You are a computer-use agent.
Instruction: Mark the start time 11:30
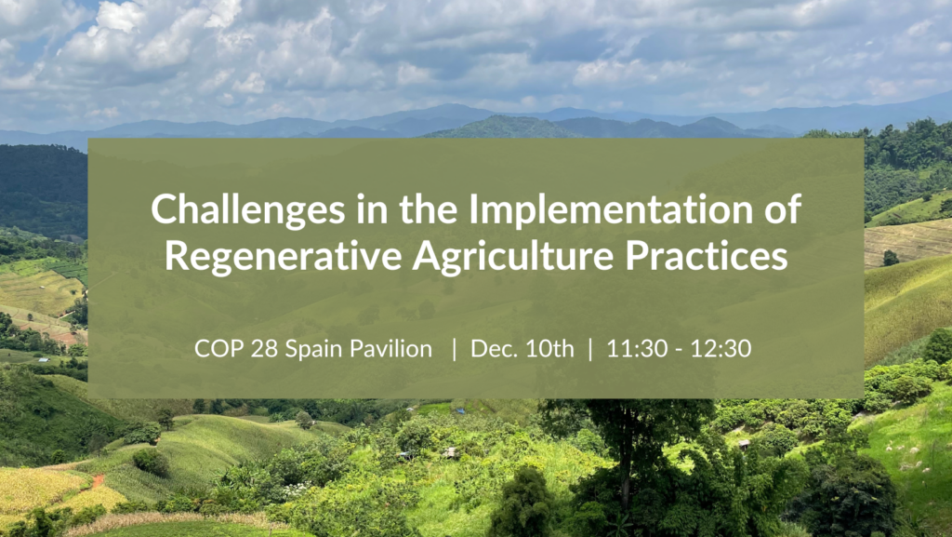(631, 349)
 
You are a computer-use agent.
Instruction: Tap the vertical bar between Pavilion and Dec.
(454, 349)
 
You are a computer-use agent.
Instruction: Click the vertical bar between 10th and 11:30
(589, 349)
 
